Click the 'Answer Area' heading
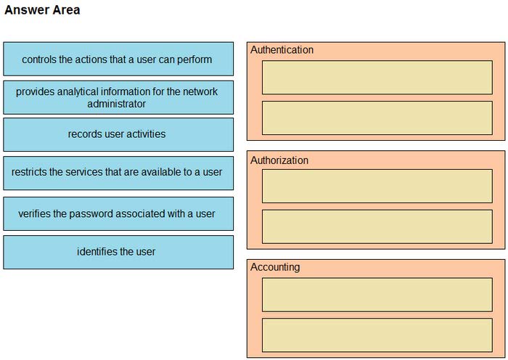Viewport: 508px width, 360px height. coord(42,10)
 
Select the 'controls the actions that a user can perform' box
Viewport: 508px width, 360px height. coord(118,59)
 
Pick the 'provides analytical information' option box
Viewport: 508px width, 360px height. coord(118,97)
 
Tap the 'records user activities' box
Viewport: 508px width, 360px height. coord(118,134)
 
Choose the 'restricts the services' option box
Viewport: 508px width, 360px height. coord(118,173)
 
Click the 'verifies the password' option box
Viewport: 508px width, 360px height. coord(118,213)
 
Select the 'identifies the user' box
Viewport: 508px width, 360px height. coord(118,252)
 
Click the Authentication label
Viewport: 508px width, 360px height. coord(282,50)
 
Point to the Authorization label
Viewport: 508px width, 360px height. coord(279,160)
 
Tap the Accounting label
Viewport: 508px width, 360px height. coord(275,267)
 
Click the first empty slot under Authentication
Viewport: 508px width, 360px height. coord(377,78)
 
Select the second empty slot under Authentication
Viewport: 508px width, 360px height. coord(377,118)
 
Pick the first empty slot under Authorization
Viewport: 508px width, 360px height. coord(377,186)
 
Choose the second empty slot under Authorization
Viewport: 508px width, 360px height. coord(377,226)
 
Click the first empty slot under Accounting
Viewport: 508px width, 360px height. coord(377,295)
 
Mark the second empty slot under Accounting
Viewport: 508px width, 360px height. coord(377,335)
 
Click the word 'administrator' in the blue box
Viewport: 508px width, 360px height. coord(117,104)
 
